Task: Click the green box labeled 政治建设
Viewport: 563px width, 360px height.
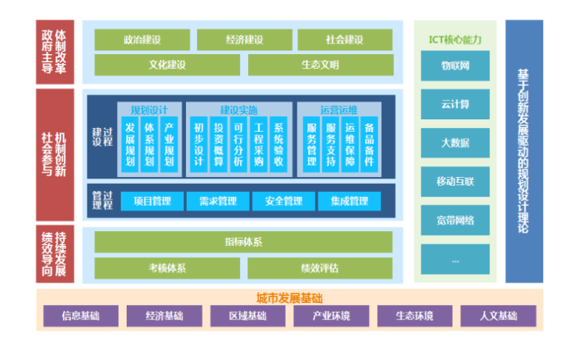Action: pos(142,40)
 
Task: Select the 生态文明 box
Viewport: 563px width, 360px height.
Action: pos(320,64)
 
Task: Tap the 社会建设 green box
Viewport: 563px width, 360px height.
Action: pos(344,40)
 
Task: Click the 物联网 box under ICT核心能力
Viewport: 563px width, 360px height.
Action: pos(455,66)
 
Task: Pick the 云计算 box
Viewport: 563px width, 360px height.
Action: pos(455,104)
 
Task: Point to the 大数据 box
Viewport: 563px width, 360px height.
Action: pos(455,143)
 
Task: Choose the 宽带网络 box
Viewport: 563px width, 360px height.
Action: pos(455,220)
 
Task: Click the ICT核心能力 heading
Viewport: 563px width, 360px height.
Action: pos(455,40)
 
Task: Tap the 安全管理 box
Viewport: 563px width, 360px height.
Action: pos(283,201)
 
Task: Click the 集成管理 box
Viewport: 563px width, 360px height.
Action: pos(349,201)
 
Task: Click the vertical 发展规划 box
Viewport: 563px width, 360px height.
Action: pos(130,145)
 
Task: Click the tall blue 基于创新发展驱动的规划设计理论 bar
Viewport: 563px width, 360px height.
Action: pos(524,151)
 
